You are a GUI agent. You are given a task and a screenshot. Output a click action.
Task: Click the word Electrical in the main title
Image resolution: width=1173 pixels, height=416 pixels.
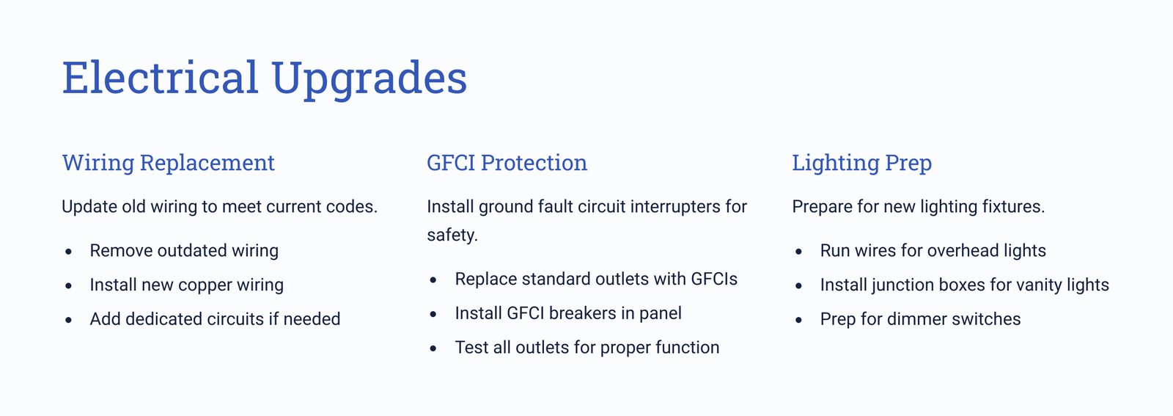coord(161,77)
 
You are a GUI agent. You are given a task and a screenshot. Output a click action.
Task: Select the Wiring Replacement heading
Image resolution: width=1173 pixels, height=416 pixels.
coord(168,163)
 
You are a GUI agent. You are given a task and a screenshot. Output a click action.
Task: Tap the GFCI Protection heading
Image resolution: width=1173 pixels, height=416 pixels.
coord(507,162)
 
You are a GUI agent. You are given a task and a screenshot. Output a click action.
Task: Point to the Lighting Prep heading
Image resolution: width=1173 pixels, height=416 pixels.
coord(862,163)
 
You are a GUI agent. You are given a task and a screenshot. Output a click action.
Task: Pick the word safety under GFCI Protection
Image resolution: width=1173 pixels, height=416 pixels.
coord(452,235)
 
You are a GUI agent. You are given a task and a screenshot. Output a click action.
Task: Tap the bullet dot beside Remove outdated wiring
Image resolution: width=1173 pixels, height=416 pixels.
coord(69,252)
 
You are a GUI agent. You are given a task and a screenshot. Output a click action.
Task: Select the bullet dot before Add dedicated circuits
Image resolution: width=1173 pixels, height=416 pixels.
coord(69,320)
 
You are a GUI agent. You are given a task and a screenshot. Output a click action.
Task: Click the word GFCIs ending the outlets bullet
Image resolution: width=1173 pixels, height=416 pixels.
coord(714,279)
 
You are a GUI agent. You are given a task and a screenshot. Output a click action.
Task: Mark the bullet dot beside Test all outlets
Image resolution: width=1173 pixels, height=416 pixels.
coord(433,348)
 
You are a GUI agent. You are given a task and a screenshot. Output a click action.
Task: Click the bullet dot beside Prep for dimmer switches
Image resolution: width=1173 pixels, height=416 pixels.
coord(798,320)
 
